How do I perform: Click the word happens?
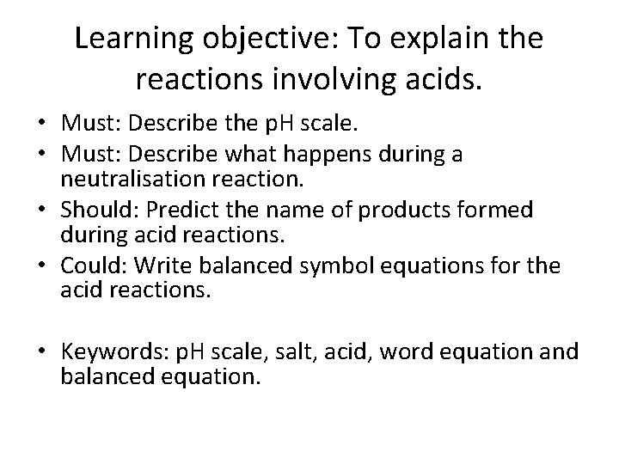click(x=333, y=154)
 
